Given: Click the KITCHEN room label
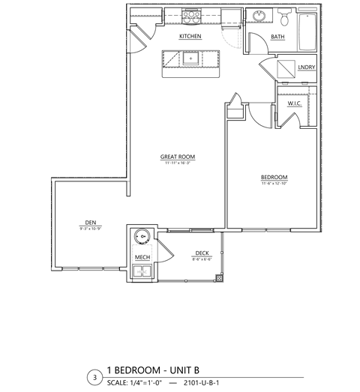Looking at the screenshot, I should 190,36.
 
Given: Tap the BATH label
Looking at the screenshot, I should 277,36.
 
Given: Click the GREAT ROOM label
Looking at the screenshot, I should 174,157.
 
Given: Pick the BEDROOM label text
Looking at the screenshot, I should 274,177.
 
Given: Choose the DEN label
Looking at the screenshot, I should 89,222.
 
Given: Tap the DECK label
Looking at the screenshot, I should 201,253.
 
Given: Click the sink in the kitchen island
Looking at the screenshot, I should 190,58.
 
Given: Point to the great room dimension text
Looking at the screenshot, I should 174,163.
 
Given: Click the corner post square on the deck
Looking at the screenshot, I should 218,278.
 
